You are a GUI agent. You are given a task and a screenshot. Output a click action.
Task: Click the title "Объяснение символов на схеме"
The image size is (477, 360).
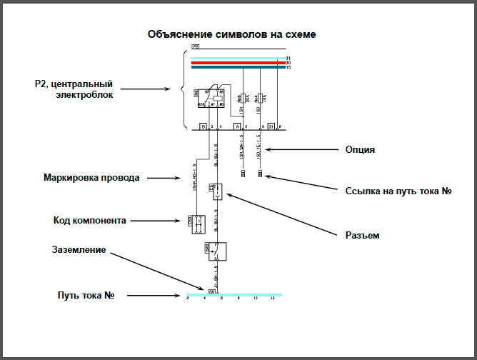pyautogui.click(x=231, y=34)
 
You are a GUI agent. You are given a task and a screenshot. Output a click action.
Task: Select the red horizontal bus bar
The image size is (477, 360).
pyautogui.click(x=236, y=63)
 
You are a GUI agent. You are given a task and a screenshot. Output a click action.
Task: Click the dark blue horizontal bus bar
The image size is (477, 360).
pyautogui.click(x=236, y=68)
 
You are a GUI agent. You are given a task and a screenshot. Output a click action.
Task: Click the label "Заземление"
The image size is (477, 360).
pyautogui.click(x=79, y=250)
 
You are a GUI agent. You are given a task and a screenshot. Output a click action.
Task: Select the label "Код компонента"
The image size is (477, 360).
pyautogui.click(x=90, y=220)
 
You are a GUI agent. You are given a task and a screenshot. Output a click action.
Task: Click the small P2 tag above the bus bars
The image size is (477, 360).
pyautogui.click(x=195, y=46)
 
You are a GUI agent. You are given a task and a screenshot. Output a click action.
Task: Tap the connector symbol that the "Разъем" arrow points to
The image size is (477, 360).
pyautogui.click(x=217, y=191)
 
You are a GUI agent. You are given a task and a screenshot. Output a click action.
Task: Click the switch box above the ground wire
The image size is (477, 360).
pyautogui.click(x=216, y=251)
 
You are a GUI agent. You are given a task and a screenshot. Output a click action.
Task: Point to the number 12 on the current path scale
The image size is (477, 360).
pyautogui.click(x=273, y=299)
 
